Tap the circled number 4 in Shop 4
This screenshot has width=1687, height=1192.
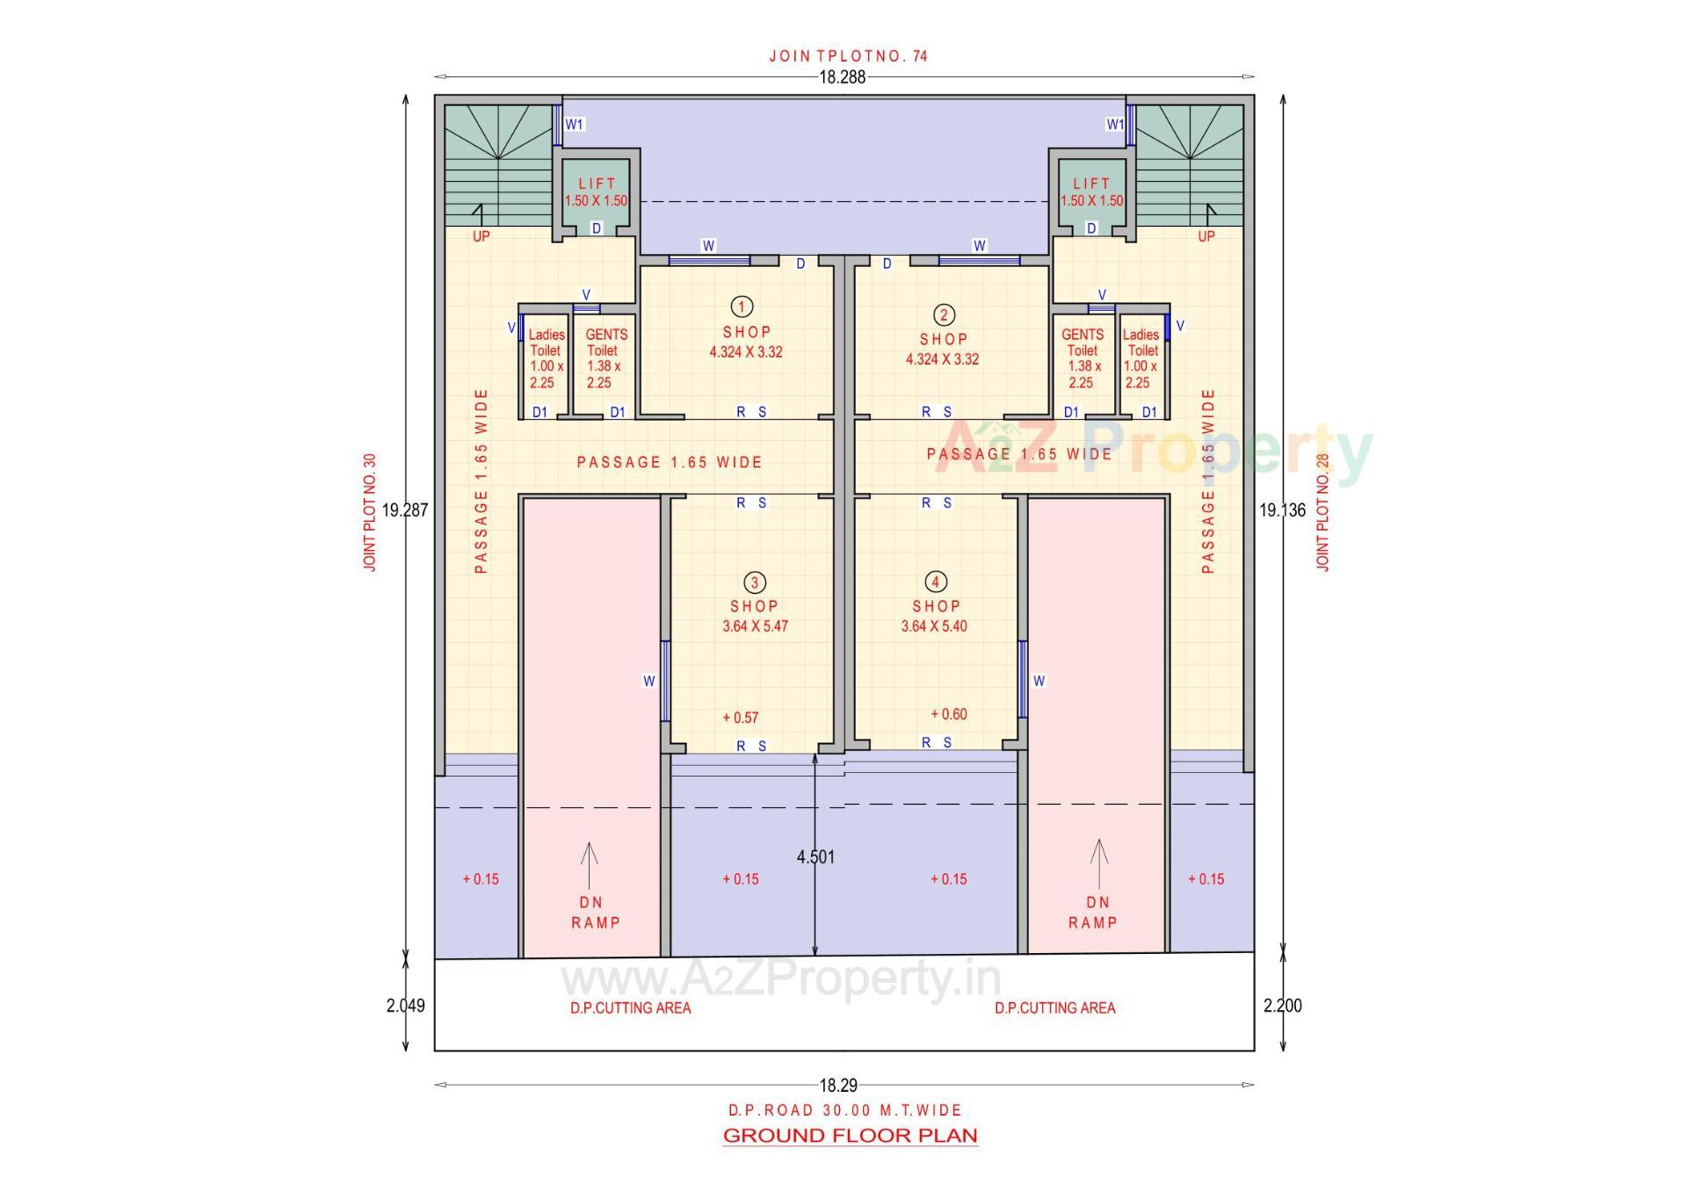pyautogui.click(x=936, y=582)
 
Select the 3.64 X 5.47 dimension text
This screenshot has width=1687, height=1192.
pyautogui.click(x=755, y=626)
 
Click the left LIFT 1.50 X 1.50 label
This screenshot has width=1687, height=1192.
pyautogui.click(x=597, y=192)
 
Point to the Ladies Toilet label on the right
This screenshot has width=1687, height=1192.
pyautogui.click(x=1140, y=358)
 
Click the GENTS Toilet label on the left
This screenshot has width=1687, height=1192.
pyautogui.click(x=605, y=358)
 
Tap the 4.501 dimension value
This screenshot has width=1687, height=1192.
pyautogui.click(x=815, y=856)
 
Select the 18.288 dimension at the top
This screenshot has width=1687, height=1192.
pyautogui.click(x=842, y=77)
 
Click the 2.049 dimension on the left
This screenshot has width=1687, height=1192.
pyautogui.click(x=405, y=1006)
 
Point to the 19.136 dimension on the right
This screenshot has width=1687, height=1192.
pyautogui.click(x=1282, y=509)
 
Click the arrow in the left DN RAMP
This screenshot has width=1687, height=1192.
pyautogui.click(x=590, y=864)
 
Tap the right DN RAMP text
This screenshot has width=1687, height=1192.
pyautogui.click(x=1093, y=913)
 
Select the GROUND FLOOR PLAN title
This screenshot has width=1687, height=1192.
pyautogui.click(x=850, y=1135)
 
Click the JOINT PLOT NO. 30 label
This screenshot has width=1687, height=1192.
pyautogui.click(x=370, y=512)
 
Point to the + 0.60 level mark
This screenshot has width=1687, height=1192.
pyautogui.click(x=949, y=714)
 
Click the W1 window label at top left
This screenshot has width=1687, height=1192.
pyautogui.click(x=575, y=125)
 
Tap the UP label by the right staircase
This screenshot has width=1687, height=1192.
pyautogui.click(x=1206, y=236)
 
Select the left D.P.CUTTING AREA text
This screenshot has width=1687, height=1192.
pyautogui.click(x=630, y=1008)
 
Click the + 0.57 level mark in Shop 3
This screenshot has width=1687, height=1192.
pyautogui.click(x=740, y=718)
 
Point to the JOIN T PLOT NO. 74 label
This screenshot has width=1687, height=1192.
pyautogui.click(x=848, y=56)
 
